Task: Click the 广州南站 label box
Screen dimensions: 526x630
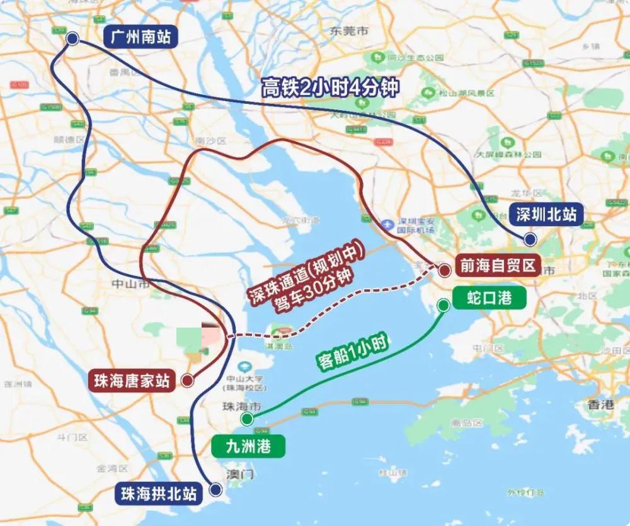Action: click(x=140, y=38)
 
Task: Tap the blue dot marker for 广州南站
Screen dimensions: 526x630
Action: click(x=72, y=39)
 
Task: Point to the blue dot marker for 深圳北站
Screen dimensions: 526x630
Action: click(x=530, y=239)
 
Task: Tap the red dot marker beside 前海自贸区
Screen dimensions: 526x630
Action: click(x=444, y=271)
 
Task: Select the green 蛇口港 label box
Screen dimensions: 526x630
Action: click(x=489, y=298)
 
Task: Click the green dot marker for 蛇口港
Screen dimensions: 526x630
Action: click(x=444, y=306)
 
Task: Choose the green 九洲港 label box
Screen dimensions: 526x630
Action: click(x=249, y=447)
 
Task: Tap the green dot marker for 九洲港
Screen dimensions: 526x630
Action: click(x=246, y=419)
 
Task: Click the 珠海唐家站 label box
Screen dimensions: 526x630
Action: click(x=132, y=381)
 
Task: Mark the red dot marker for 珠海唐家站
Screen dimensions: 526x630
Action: click(x=186, y=380)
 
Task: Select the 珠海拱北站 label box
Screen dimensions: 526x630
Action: click(x=159, y=493)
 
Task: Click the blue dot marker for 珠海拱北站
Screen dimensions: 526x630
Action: click(x=216, y=489)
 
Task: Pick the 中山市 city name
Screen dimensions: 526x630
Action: click(x=130, y=283)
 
